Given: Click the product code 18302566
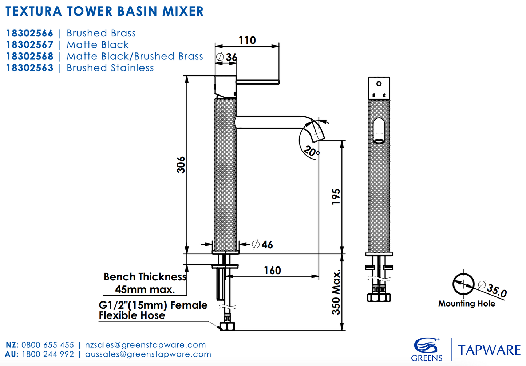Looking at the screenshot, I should [29, 34].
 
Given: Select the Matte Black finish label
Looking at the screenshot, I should [98, 45].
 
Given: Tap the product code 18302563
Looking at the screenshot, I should [29, 68].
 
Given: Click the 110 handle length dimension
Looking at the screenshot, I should [247, 40].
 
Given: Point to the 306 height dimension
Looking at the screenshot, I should [181, 165].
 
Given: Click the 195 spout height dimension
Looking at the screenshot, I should [336, 196].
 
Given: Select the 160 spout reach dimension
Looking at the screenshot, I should [272, 270].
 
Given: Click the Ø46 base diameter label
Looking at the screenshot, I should [262, 244].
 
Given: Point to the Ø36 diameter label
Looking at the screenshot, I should [227, 57].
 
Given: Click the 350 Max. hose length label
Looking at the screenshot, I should [336, 292].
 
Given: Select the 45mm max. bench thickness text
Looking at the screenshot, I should [145, 290].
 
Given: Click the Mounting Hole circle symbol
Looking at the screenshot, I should [463, 284].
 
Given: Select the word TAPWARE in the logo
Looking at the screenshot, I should [489, 350].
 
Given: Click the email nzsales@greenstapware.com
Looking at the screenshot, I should [145, 345].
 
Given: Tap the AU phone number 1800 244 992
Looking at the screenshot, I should [48, 354].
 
